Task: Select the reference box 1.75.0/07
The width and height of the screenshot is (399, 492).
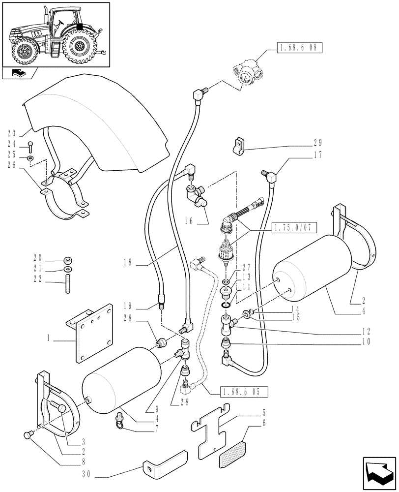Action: click(294, 227)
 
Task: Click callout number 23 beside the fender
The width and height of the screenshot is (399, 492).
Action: click(12, 133)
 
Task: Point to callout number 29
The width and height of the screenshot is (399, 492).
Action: click(317, 144)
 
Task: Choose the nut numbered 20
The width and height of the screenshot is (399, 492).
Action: click(67, 260)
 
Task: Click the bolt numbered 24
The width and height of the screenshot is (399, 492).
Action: click(30, 146)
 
